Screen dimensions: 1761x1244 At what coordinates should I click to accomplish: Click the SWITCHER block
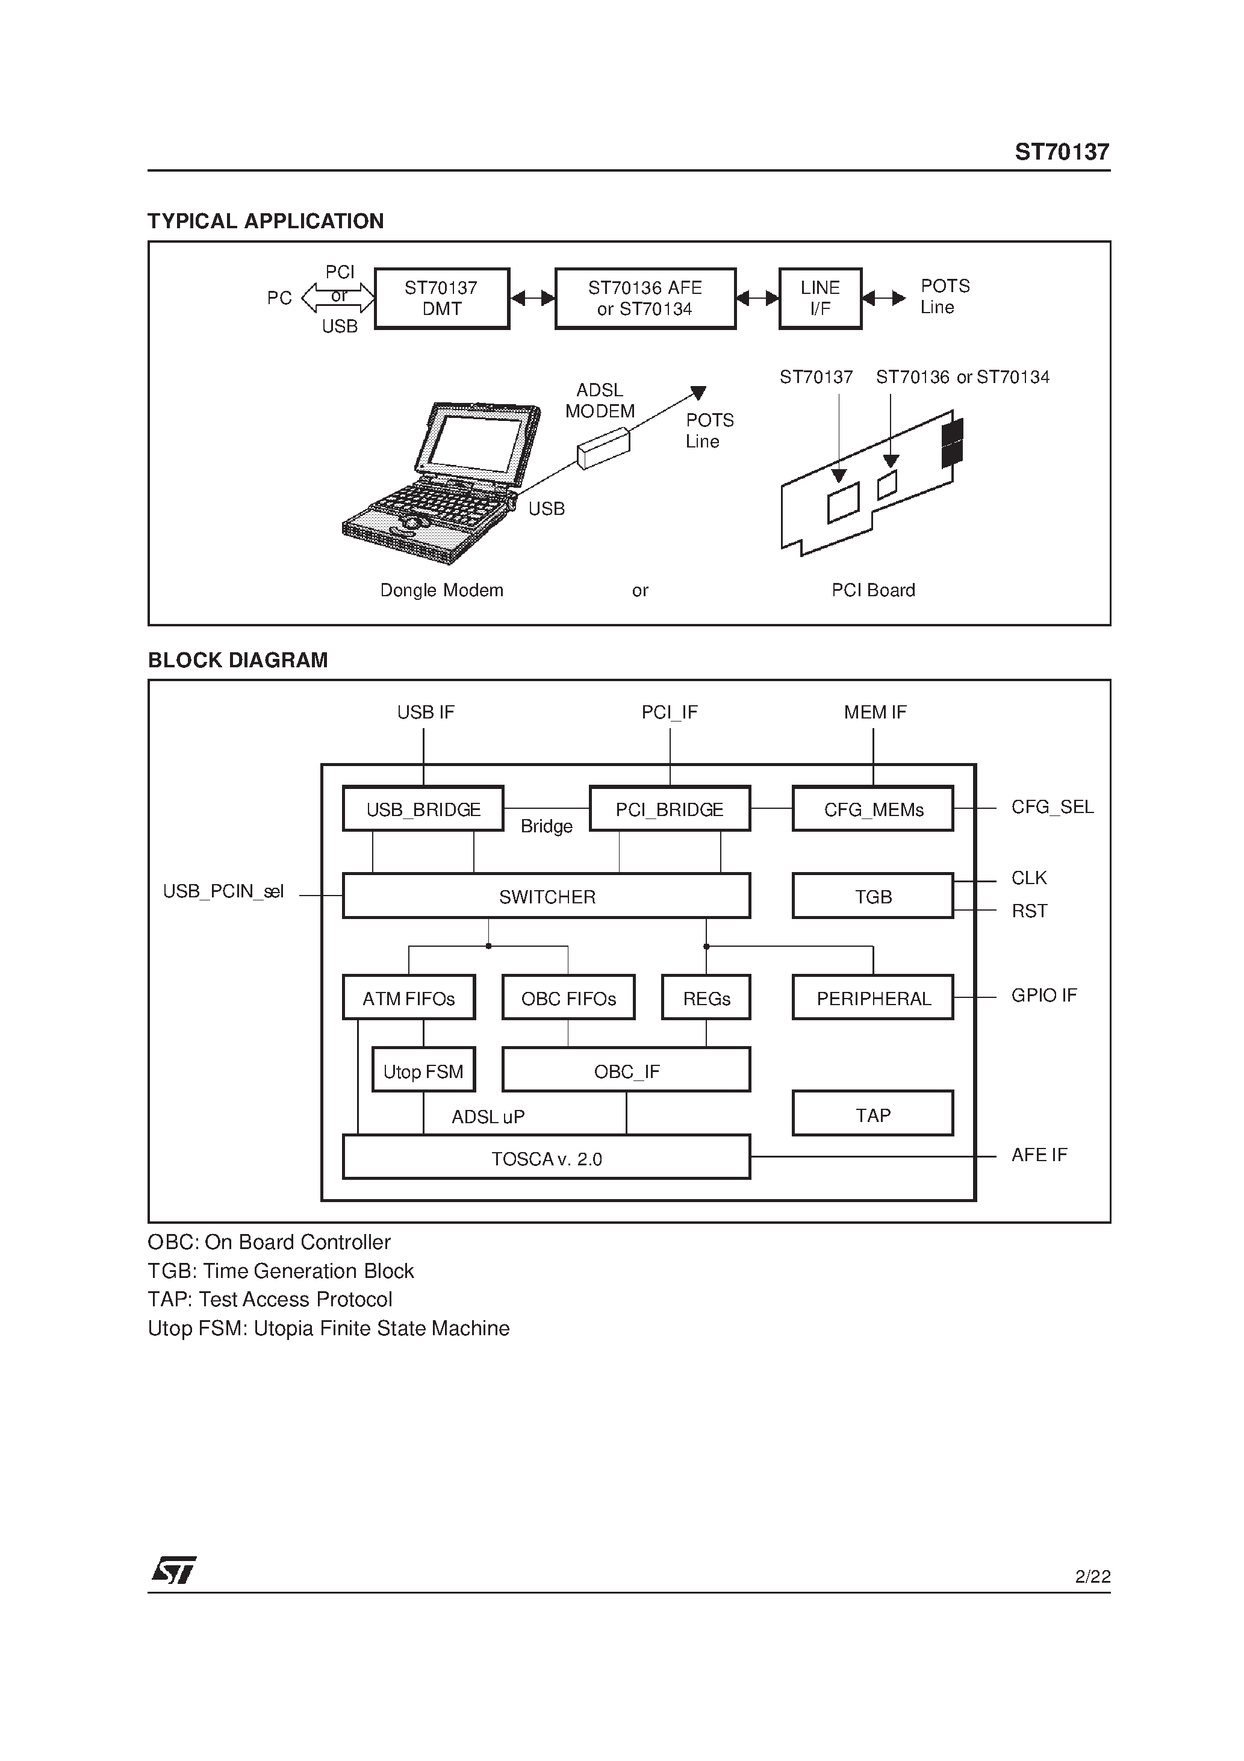pos(546,896)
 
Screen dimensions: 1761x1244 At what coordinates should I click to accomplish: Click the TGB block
pos(873,896)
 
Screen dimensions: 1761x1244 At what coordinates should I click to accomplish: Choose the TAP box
pos(873,1114)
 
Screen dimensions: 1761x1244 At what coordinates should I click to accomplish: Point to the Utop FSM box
pos(423,1070)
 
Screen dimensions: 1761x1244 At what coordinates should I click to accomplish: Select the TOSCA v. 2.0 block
pos(546,1158)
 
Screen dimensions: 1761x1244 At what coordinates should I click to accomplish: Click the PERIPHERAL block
pos(873,998)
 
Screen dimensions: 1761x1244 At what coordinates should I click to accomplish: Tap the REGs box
pos(706,998)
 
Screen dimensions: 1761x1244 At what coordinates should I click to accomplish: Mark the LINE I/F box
pos(820,298)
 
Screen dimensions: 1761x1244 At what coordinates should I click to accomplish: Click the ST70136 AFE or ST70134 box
pos(645,298)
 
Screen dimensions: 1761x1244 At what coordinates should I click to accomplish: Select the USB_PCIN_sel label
pos(223,892)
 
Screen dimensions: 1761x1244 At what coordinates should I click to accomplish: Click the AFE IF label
pos(1039,1155)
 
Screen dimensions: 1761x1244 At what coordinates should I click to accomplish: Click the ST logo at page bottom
pos(175,1569)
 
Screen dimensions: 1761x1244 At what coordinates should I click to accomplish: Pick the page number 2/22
pos(1092,1576)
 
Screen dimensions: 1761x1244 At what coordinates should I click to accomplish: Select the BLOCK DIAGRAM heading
pos(238,660)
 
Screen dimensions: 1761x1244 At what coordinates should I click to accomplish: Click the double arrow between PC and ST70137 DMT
pos(338,298)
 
